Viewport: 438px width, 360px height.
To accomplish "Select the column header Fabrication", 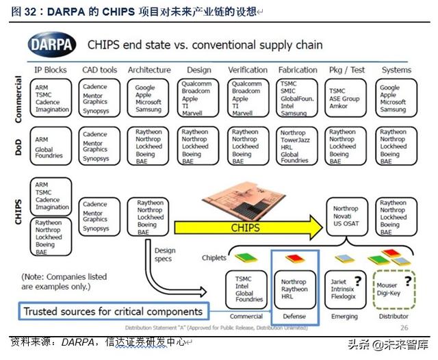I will [x=298, y=70].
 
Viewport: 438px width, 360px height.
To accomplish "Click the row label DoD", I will [x=19, y=145].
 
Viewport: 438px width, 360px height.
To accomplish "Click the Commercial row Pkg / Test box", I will [x=348, y=99].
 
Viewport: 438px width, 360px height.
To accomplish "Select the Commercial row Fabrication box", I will [x=298, y=99].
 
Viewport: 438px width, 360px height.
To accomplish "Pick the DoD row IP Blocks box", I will [x=51, y=146].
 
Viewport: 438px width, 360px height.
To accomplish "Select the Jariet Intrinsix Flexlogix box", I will [x=346, y=289].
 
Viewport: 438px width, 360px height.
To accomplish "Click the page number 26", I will [x=404, y=328].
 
